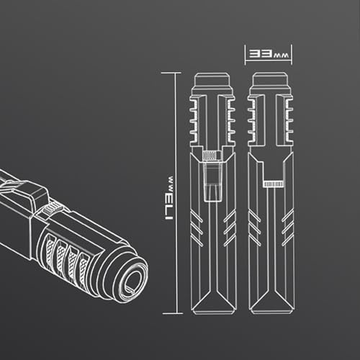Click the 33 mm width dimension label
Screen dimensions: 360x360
(x=269, y=54)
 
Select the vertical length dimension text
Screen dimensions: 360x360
(x=170, y=198)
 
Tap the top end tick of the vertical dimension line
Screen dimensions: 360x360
(x=171, y=73)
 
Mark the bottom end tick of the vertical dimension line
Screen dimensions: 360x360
(x=172, y=313)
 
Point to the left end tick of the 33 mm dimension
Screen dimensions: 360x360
(x=245, y=55)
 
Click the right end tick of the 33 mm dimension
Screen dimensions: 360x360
(x=292, y=55)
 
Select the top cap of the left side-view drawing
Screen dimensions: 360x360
(x=212, y=80)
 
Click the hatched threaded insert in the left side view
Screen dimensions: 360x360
(x=212, y=156)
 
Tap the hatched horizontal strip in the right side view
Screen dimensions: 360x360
(x=274, y=184)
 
